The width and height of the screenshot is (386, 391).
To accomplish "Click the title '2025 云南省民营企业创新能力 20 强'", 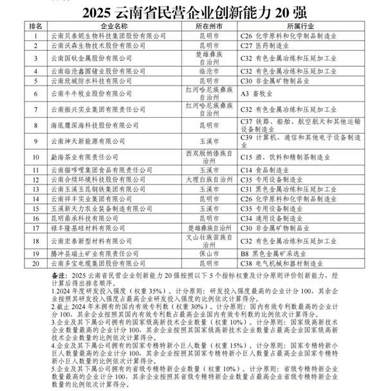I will coord(193,12).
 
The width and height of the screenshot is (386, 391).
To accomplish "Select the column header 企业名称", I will coord(111,26).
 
